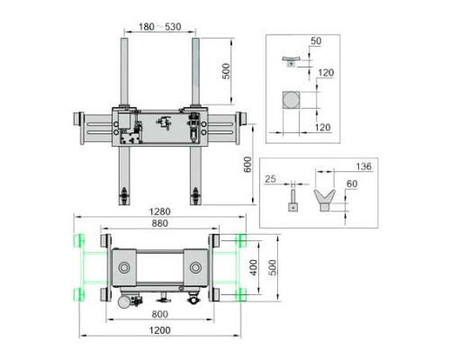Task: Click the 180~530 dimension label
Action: [x=159, y=27]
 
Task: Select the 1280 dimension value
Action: [x=160, y=211]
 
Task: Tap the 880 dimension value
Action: [x=160, y=223]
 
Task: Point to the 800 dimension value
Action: [x=160, y=314]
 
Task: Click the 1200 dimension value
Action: [x=160, y=330]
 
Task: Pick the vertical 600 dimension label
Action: [x=247, y=165]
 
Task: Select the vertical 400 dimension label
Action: [x=254, y=267]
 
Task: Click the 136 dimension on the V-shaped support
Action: [x=364, y=166]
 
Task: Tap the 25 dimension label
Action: [x=270, y=179]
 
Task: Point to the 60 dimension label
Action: [x=352, y=184]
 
